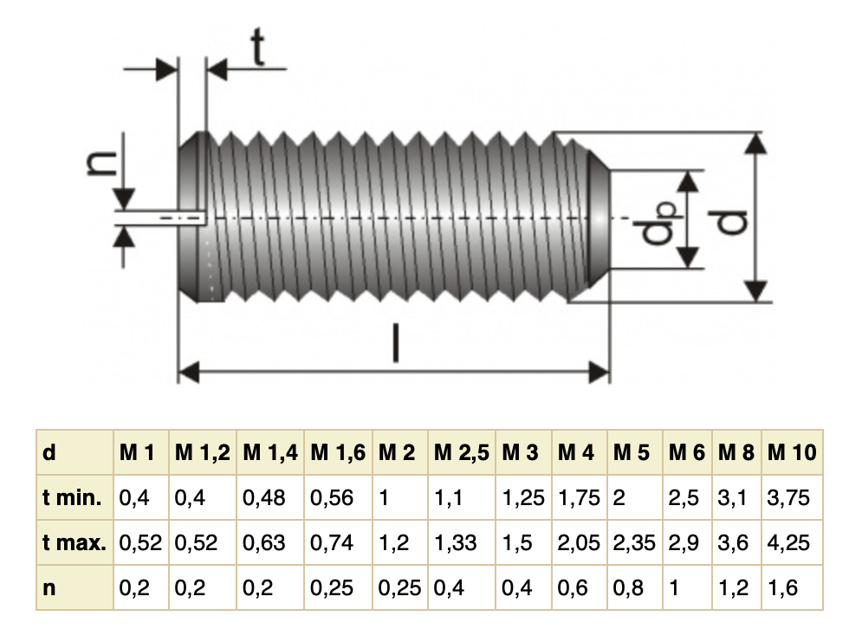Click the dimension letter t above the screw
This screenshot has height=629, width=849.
(x=259, y=47)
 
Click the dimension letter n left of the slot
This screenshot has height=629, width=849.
(x=102, y=162)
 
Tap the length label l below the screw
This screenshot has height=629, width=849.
(x=396, y=342)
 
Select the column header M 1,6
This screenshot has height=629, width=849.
(x=338, y=452)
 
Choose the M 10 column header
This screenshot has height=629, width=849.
(x=792, y=452)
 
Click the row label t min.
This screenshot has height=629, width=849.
(x=72, y=497)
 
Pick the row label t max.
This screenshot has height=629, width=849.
(x=75, y=542)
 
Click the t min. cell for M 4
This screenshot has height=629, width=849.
(x=579, y=497)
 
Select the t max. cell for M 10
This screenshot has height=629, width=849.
(x=788, y=542)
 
